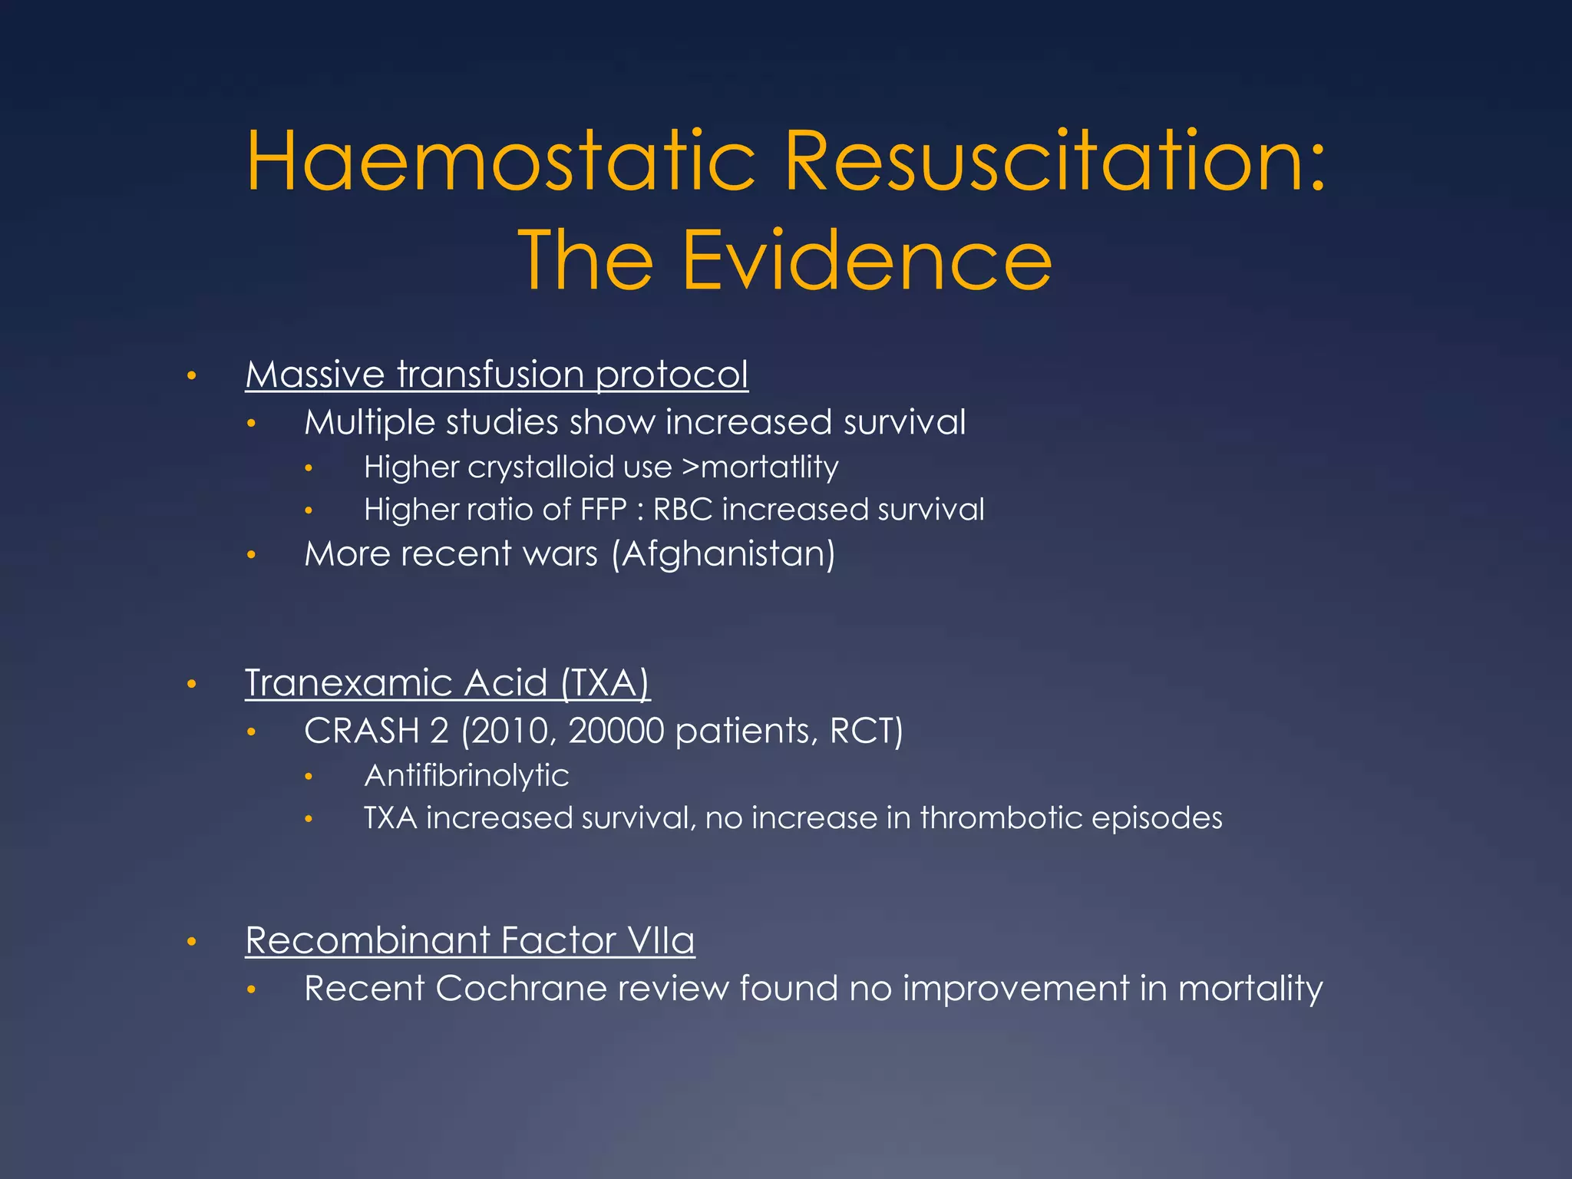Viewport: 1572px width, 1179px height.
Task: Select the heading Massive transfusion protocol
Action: tap(496, 375)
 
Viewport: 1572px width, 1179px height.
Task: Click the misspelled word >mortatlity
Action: tap(760, 467)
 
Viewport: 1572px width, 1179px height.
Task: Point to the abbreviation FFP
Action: tap(603, 510)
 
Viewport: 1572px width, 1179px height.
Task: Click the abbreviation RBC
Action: tap(682, 510)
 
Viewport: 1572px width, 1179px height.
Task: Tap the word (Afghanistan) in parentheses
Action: tap(723, 553)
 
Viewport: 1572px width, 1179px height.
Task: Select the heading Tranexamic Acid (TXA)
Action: tap(447, 682)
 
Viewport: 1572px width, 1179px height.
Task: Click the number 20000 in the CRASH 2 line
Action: tap(616, 731)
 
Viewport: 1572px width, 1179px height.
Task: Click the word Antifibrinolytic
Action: tap(466, 775)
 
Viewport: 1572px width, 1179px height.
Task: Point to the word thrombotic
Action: tap(1000, 817)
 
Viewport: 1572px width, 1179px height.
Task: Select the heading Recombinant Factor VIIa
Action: tap(469, 940)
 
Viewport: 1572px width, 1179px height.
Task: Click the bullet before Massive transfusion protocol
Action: tap(192, 376)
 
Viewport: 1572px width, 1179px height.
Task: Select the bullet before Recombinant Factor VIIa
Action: tap(192, 941)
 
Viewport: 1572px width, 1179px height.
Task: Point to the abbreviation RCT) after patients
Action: tap(866, 731)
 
